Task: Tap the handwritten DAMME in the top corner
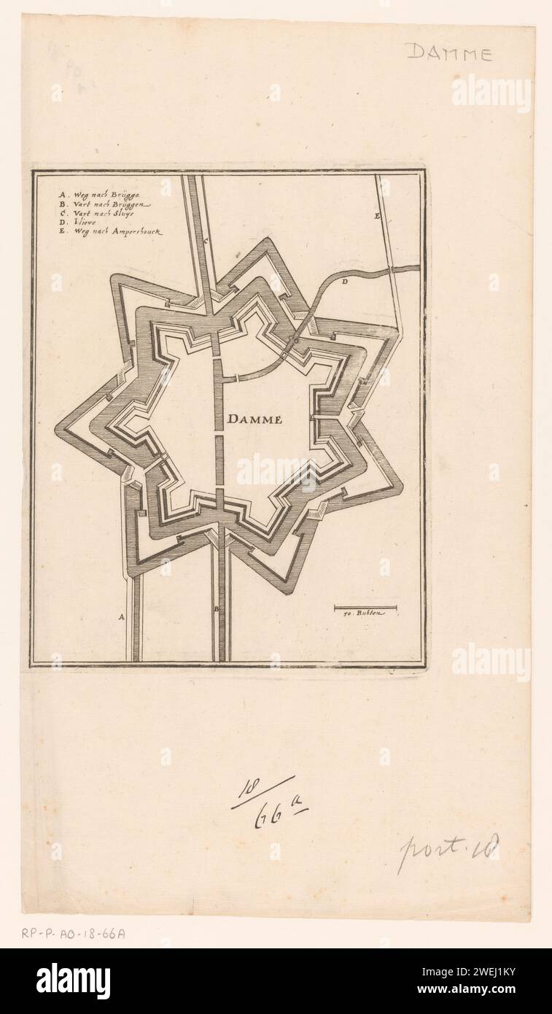448,52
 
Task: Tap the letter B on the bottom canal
216,608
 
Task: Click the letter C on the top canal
206,240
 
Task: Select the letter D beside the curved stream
344,281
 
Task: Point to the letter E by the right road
377,217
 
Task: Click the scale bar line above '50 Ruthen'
365,607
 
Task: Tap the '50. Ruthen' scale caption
366,614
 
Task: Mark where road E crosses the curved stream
392,269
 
